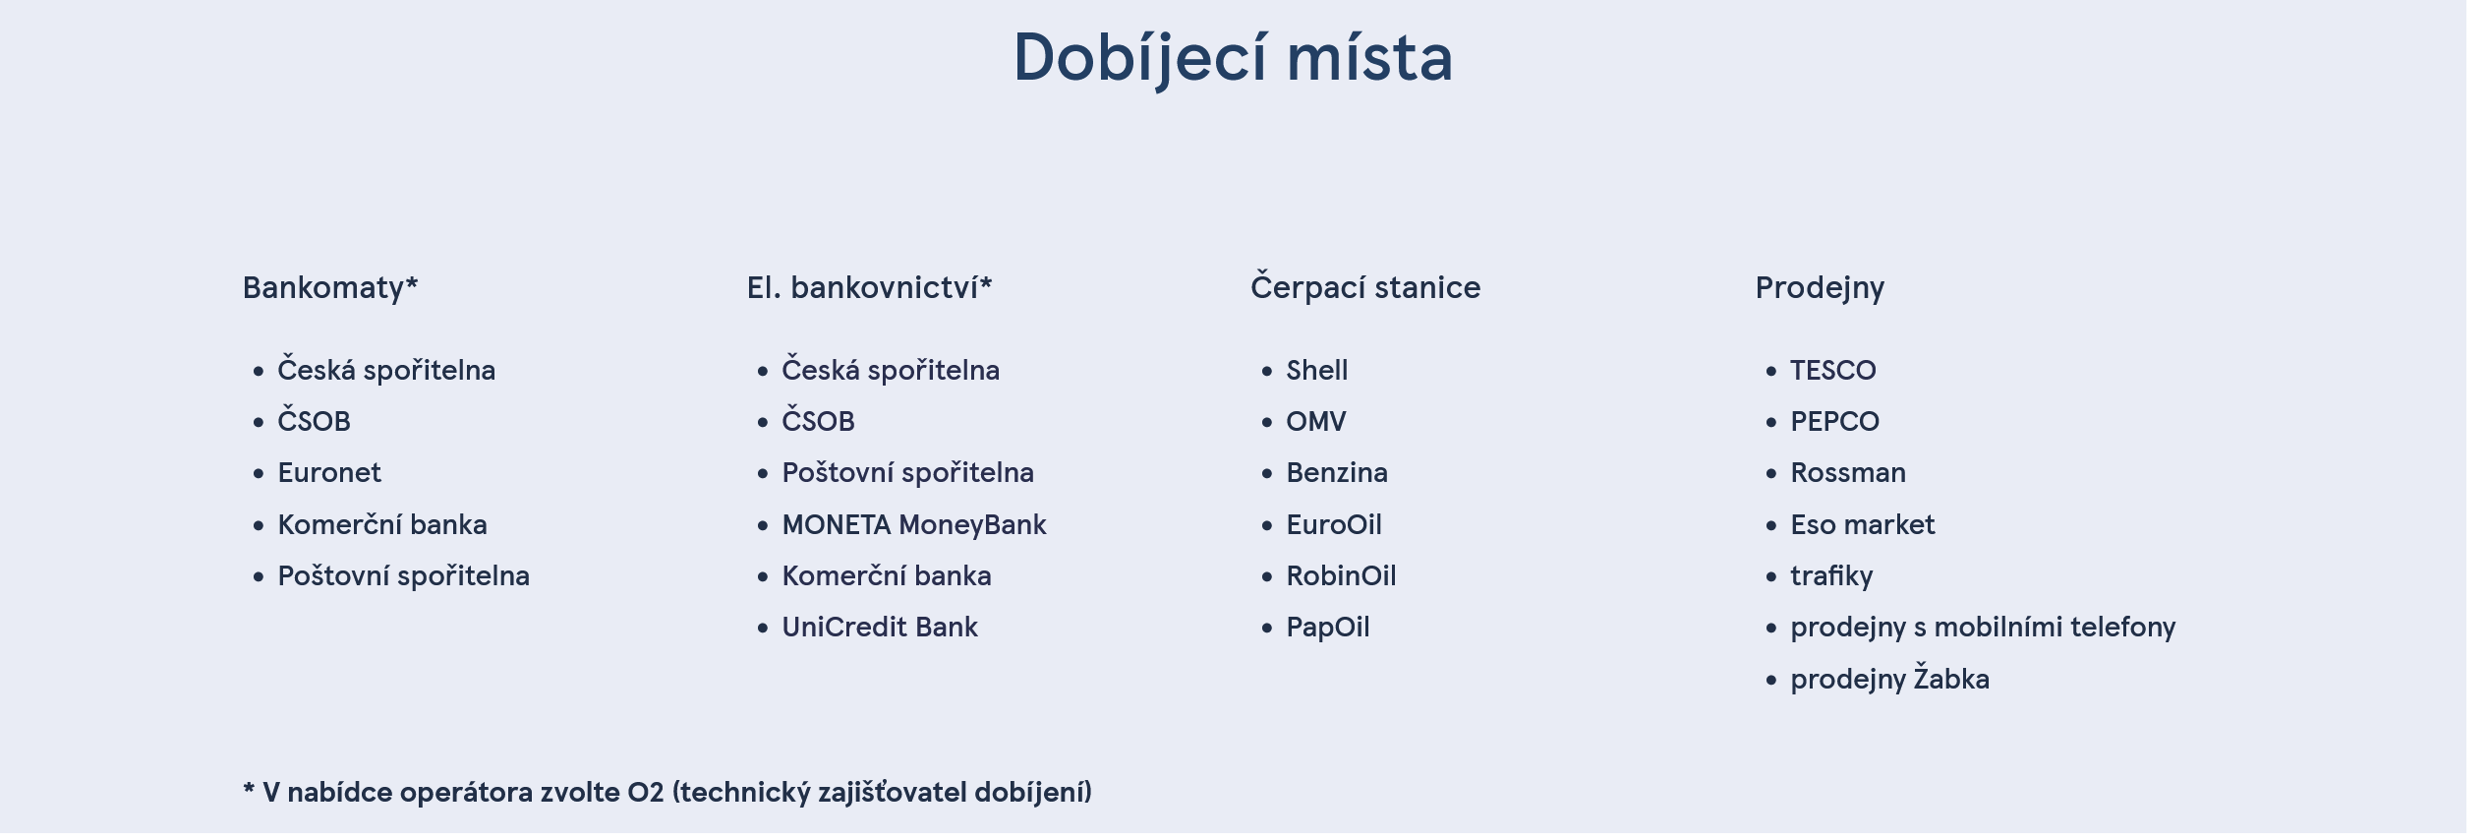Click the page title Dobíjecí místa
[x=1233, y=57]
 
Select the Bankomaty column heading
[x=330, y=287]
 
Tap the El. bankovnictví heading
[x=869, y=287]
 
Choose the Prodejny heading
[x=1820, y=287]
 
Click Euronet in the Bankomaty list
[x=329, y=473]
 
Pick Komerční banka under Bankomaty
[x=382, y=524]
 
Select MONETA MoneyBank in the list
[x=914, y=524]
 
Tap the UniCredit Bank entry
[x=880, y=627]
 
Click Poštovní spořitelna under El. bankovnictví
[x=907, y=473]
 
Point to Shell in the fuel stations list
[x=1317, y=371]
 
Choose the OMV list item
[x=1316, y=422]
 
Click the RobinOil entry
[x=1341, y=575]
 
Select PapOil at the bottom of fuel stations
[x=1328, y=628]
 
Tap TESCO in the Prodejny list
[x=1833, y=371]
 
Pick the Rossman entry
[x=1848, y=473]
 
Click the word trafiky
[x=1831, y=576]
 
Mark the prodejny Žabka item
[x=1889, y=679]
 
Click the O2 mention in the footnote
[x=646, y=792]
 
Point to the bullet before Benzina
[x=1267, y=474]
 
